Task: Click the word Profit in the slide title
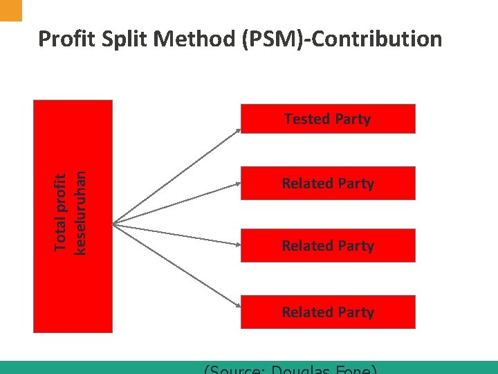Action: [x=64, y=39]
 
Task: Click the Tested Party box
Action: [x=328, y=118]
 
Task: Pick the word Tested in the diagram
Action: [x=306, y=119]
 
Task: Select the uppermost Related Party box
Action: [x=328, y=184]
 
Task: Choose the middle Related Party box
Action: [x=328, y=246]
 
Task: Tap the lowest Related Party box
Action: [x=328, y=312]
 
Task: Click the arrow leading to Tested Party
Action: [x=176, y=176]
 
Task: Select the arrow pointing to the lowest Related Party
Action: [x=176, y=267]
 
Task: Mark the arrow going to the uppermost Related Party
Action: [x=176, y=204]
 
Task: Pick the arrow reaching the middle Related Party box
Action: [x=176, y=233]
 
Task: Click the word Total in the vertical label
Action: [x=61, y=233]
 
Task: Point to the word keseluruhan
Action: [x=80, y=213]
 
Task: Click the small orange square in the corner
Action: [x=11, y=10]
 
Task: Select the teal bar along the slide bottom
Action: [x=249, y=368]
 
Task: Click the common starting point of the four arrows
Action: [x=113, y=222]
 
